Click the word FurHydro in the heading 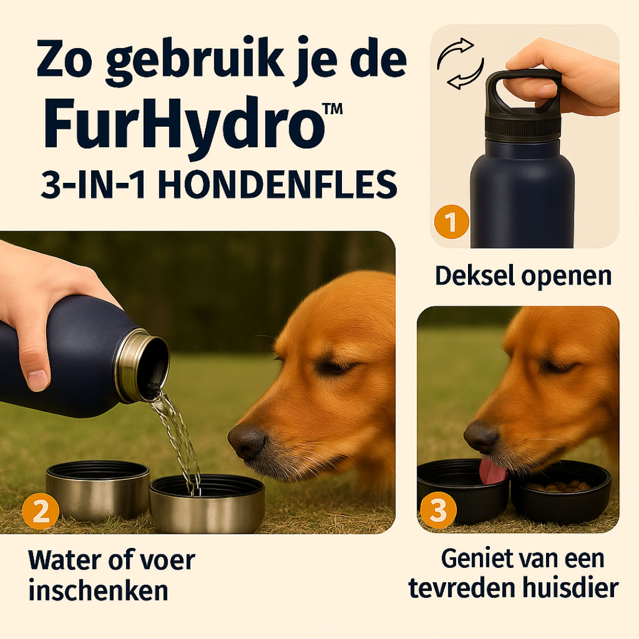(184, 124)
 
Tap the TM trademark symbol (332, 109)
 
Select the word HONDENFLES (277, 185)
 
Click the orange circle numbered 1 (451, 222)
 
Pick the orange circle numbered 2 (40, 511)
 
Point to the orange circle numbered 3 (438, 510)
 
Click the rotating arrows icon (460, 63)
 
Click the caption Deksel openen (523, 276)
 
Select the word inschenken (98, 590)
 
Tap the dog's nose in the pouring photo (247, 441)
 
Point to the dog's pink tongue (493, 471)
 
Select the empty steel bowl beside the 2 (98, 490)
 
